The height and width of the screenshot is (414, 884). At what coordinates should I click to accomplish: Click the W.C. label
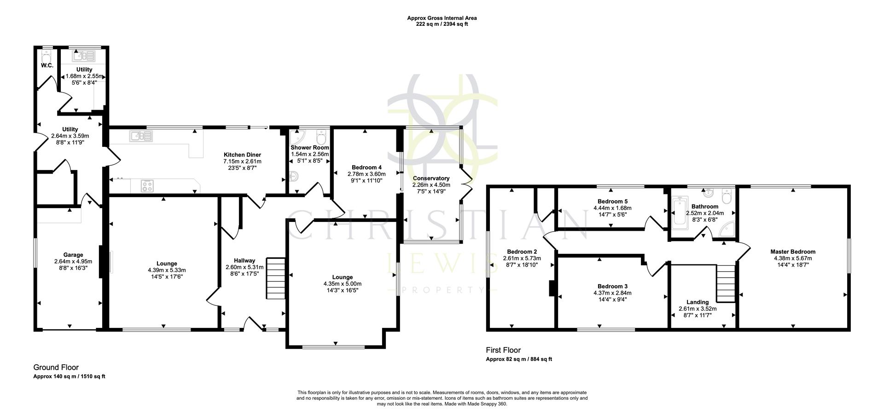[x=47, y=66]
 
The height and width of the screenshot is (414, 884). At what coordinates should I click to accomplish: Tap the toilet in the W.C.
[x=45, y=56]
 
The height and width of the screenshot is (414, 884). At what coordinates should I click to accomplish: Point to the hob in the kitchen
[x=147, y=186]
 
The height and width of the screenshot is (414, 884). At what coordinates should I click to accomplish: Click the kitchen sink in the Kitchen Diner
[x=141, y=135]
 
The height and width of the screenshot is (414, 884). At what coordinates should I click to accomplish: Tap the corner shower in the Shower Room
[x=297, y=137]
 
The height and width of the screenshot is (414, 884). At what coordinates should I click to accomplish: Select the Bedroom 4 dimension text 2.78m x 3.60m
[x=366, y=174]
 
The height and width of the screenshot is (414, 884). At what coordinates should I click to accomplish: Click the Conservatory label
[x=431, y=178]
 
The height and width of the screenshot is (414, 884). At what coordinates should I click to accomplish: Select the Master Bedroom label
[x=792, y=251]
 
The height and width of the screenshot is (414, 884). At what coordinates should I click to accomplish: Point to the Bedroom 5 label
[x=612, y=201]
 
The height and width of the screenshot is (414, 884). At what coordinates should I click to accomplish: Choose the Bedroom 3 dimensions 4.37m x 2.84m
[x=612, y=292]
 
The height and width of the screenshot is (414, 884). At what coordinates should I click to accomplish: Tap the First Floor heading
[x=503, y=350]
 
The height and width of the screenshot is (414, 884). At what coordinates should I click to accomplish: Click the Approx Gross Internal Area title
[x=442, y=18]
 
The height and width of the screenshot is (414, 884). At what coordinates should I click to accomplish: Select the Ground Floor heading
[x=56, y=367]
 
